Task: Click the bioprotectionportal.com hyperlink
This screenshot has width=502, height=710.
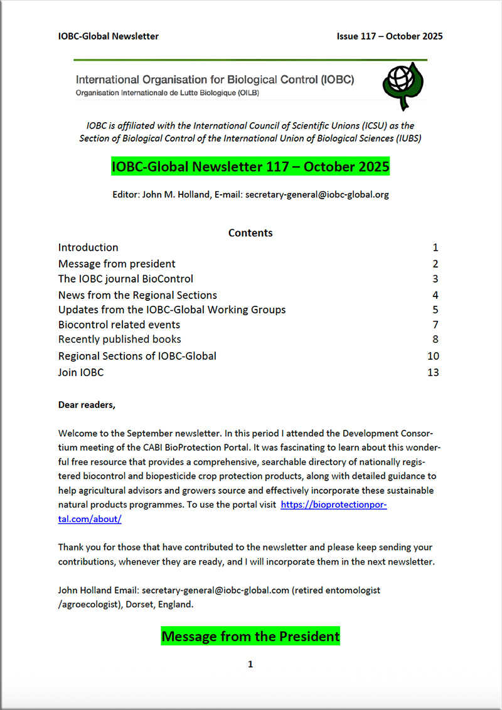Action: tap(333, 504)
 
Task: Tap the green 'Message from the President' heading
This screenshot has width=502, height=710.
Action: tap(250, 636)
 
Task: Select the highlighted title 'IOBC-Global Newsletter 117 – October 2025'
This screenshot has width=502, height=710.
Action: tap(250, 167)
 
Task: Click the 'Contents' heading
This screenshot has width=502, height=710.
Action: tap(250, 232)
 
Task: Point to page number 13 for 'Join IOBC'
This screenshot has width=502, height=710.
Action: tap(432, 372)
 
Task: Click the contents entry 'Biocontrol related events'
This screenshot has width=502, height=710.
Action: tap(119, 325)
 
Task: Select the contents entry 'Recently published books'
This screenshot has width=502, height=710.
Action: tap(120, 339)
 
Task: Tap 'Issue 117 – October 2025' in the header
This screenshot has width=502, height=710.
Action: tap(390, 36)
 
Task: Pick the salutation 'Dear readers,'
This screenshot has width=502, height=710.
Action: tap(87, 405)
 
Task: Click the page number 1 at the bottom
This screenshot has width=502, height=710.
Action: tap(250, 664)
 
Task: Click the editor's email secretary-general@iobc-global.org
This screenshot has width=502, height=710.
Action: tap(317, 194)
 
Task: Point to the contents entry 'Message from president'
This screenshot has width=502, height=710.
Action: tap(117, 264)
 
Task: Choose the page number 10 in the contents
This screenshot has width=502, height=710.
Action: tap(432, 356)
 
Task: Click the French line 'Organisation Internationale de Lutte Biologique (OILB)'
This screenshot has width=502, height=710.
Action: tap(168, 93)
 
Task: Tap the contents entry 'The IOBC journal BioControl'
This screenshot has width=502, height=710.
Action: tap(125, 279)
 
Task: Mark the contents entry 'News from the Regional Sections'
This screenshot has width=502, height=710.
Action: tap(137, 295)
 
